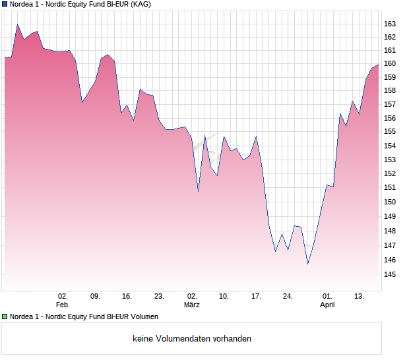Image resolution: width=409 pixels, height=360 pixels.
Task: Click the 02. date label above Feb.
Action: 63,296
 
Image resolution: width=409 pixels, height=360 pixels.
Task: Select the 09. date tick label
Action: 95,296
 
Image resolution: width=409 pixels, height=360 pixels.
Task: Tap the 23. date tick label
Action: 159,296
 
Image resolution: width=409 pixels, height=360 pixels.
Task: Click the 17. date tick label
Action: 256,296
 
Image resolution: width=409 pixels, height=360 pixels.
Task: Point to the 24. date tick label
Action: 288,296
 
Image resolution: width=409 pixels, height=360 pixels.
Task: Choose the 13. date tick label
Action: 360,296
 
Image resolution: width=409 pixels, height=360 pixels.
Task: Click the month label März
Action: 192,305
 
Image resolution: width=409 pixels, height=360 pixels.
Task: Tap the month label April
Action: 327,305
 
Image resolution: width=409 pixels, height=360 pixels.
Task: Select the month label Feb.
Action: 63,305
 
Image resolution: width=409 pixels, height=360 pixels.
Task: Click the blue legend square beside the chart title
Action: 5,5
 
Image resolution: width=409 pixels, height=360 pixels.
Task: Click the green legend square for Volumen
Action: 5,317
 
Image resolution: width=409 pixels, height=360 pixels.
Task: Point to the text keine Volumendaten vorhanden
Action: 192,339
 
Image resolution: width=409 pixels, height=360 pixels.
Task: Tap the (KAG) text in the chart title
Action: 140,5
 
